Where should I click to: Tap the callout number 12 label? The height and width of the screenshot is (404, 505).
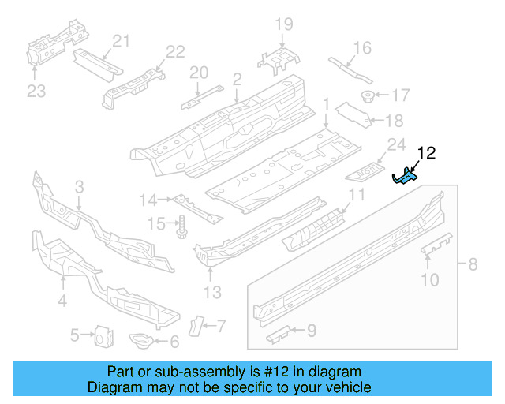(426, 153)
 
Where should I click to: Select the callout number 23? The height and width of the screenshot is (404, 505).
(36, 92)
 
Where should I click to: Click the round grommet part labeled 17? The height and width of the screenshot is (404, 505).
(367, 96)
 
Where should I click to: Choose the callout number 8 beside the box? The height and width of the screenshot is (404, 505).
(473, 264)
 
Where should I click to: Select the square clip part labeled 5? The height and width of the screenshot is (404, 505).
(101, 336)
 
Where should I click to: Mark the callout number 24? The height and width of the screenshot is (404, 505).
(395, 144)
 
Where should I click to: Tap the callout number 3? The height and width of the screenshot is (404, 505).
(79, 187)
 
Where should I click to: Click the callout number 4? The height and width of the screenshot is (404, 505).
(61, 301)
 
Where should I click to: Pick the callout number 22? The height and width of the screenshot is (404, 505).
(174, 51)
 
